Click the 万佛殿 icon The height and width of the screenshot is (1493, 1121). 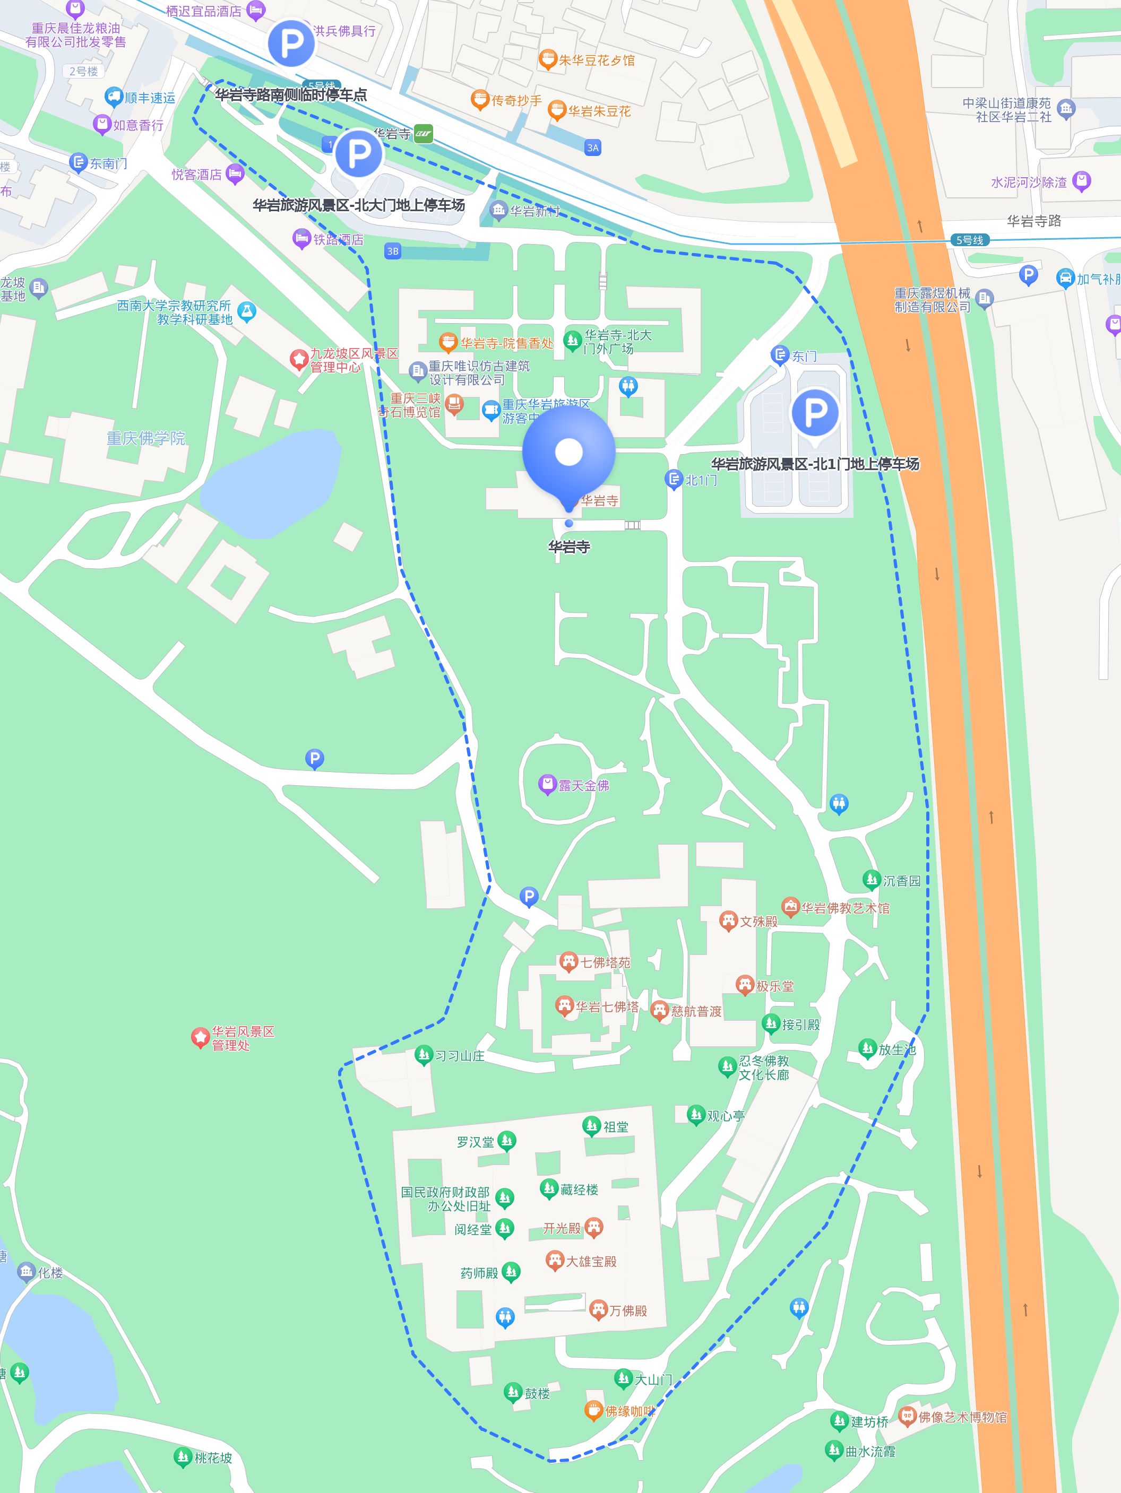coord(598,1310)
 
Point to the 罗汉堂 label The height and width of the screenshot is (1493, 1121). coord(476,1141)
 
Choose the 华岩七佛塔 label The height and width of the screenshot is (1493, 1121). coord(607,1006)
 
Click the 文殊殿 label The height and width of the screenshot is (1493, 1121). coord(758,921)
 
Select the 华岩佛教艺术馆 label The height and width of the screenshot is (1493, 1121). coord(846,908)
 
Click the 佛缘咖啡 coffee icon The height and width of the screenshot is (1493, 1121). coord(593,1410)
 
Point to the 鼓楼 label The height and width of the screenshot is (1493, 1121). coord(538,1393)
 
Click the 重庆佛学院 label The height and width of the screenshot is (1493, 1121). coord(146,438)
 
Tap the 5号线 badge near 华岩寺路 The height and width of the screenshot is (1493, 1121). coord(970,240)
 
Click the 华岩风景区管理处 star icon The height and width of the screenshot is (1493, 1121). coord(200,1037)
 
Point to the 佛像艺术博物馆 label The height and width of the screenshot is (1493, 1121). coord(962,1417)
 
